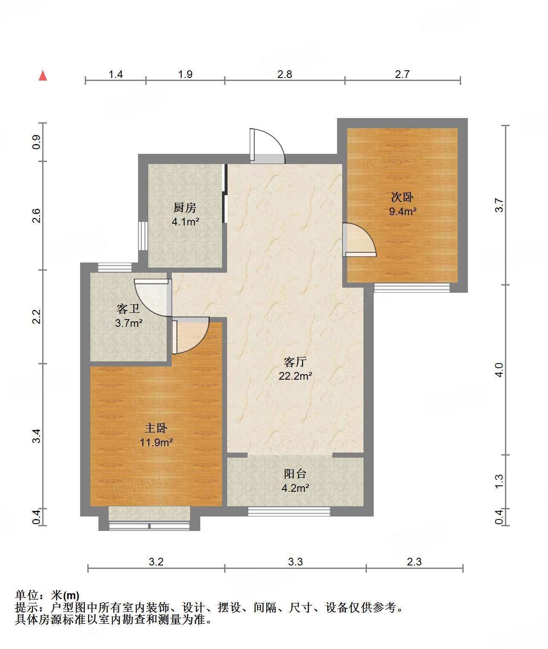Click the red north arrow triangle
pos(43,75)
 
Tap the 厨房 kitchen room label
pos(185,208)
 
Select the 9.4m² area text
pos(403,211)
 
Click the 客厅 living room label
pos(295,362)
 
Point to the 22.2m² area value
pos(295,376)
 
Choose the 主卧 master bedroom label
pos(156,428)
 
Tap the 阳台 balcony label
pos(295,474)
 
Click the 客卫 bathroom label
pos(128,309)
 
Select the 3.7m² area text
pos(129,323)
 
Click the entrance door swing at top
pos(268,146)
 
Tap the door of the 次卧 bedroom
pos(360,240)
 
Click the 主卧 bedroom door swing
pos(190,335)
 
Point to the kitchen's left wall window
pos(143,236)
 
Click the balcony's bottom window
pos(289,512)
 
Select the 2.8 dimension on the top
pos(285,75)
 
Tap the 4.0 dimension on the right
pos(499,370)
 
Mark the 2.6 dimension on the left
pos(36,216)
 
